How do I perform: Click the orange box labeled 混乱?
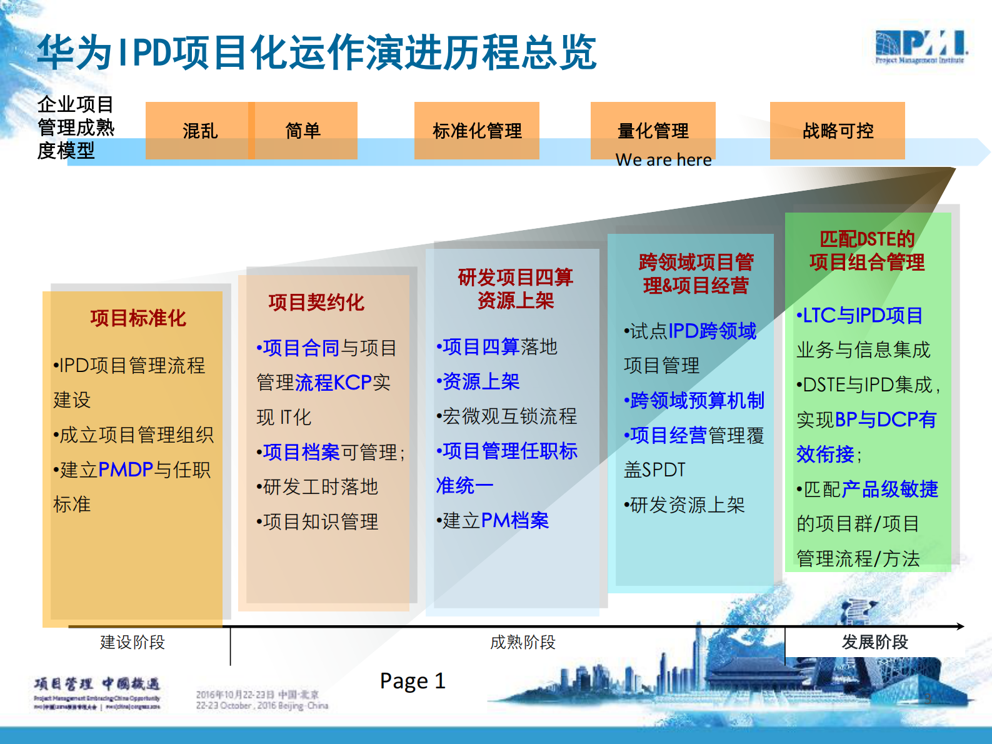click(199, 131)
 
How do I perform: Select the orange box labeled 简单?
click(303, 131)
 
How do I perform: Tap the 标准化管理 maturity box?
click(477, 131)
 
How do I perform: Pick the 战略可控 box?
click(838, 131)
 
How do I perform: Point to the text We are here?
click(663, 160)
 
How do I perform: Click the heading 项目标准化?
click(138, 318)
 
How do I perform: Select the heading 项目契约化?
click(316, 303)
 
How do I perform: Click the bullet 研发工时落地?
click(318, 486)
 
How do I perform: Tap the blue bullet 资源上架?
click(479, 381)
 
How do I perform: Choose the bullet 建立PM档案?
click(493, 520)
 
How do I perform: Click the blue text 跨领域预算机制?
click(695, 400)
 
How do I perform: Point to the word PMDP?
click(126, 470)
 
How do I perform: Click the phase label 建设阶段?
click(133, 642)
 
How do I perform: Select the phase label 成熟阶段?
click(523, 642)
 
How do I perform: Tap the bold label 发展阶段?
click(874, 642)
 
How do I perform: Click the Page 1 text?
click(413, 681)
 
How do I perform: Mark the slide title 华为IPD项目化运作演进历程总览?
click(317, 53)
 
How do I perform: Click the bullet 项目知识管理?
click(318, 521)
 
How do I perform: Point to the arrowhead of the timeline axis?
click(961, 626)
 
